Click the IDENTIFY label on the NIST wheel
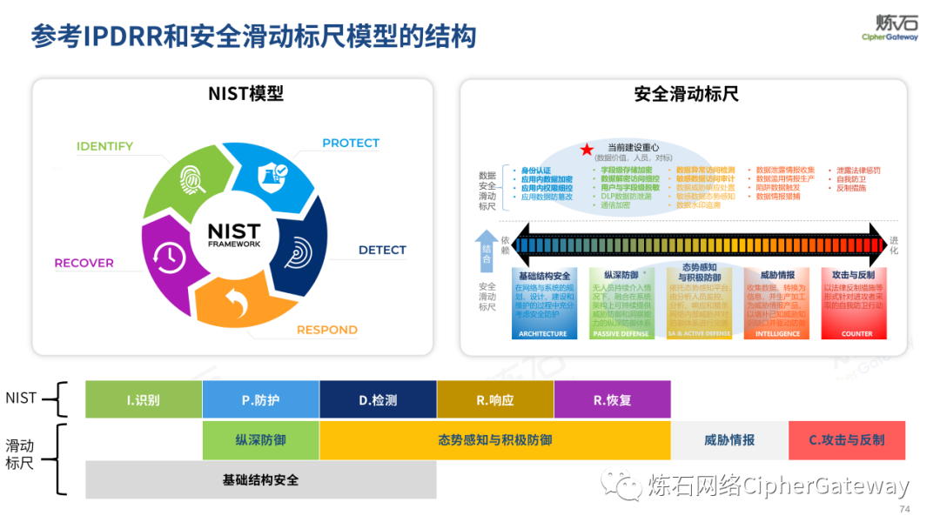104,146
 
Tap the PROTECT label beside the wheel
351,143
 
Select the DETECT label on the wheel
382,250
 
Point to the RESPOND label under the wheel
327,330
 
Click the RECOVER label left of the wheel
84,263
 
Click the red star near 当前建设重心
587,151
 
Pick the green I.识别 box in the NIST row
144,400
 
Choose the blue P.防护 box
260,400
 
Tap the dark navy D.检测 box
378,400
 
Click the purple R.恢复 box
612,400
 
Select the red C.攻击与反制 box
846,440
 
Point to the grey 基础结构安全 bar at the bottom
260,479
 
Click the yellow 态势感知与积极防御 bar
494,440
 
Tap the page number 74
903,509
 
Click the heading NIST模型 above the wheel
245,94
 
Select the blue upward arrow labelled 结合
487,251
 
